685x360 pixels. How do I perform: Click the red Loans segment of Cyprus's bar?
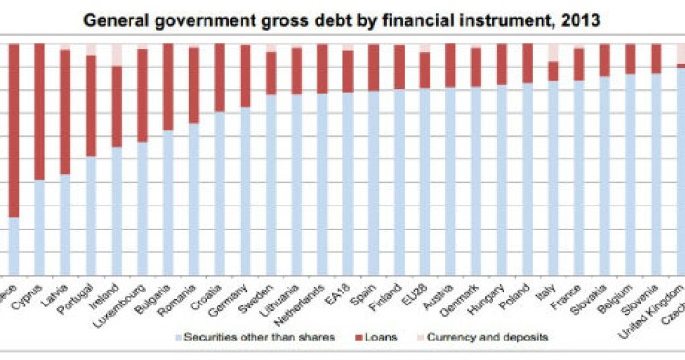coord(41,111)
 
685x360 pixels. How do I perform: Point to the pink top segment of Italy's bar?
coord(554,52)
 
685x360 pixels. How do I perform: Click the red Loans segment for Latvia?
coord(66,111)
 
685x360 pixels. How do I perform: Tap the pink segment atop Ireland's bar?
coord(118,54)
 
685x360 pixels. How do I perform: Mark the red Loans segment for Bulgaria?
coord(168,87)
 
